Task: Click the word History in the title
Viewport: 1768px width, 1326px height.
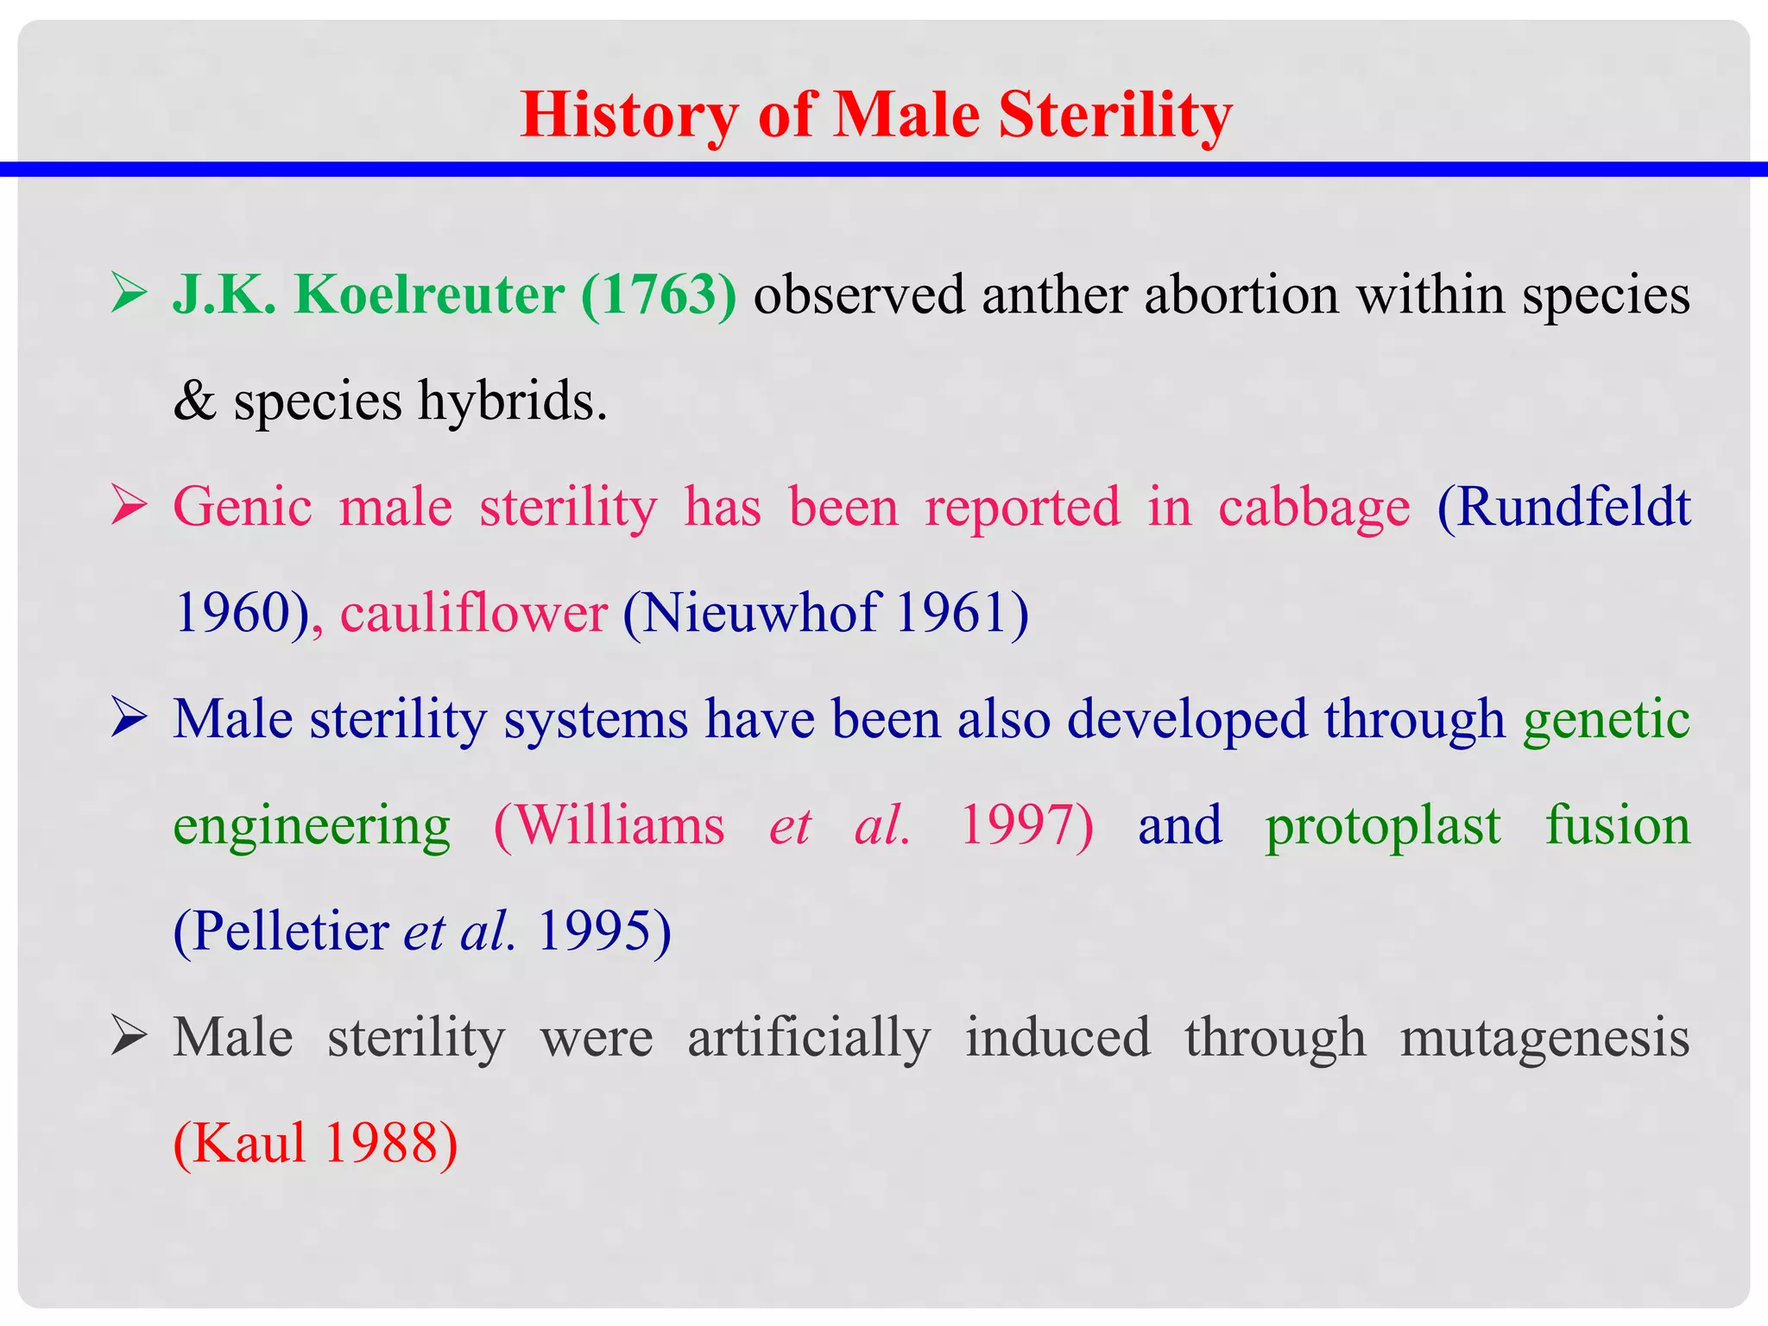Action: click(x=629, y=116)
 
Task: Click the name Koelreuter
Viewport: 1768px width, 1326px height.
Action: click(x=429, y=295)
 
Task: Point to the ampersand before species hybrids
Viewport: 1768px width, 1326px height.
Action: click(x=194, y=401)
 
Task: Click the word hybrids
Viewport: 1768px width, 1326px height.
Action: click(x=513, y=401)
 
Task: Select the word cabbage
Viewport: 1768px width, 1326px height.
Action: click(x=1314, y=508)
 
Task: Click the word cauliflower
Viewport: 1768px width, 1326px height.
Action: click(x=474, y=614)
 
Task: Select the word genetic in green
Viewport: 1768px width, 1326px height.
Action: click(x=1606, y=720)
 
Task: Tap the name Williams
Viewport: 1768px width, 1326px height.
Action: click(x=619, y=826)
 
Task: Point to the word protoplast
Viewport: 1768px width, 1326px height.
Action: click(x=1383, y=826)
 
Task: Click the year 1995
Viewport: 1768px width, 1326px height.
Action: click(x=594, y=932)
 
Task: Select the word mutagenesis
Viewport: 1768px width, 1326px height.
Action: click(x=1544, y=1039)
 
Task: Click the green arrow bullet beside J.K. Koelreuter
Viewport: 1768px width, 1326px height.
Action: click(x=129, y=294)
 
